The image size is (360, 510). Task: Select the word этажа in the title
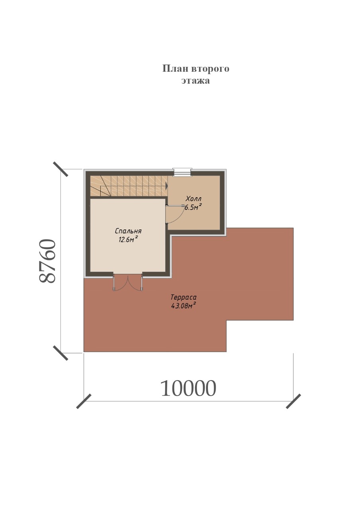(196, 81)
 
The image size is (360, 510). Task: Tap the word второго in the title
(210, 69)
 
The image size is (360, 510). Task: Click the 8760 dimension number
(47, 261)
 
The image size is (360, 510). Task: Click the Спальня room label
(128, 231)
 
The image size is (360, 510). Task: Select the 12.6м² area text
(128, 239)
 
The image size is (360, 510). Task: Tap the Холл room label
(194, 198)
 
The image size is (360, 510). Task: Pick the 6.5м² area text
(193, 207)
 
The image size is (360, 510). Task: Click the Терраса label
(184, 297)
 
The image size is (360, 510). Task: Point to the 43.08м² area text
(184, 306)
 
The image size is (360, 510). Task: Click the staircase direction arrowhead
(166, 186)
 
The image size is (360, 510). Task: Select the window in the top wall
(182, 172)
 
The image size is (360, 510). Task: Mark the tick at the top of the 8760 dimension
(61, 169)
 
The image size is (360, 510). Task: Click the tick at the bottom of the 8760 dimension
(61, 353)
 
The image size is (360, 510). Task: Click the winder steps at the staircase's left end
(100, 186)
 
